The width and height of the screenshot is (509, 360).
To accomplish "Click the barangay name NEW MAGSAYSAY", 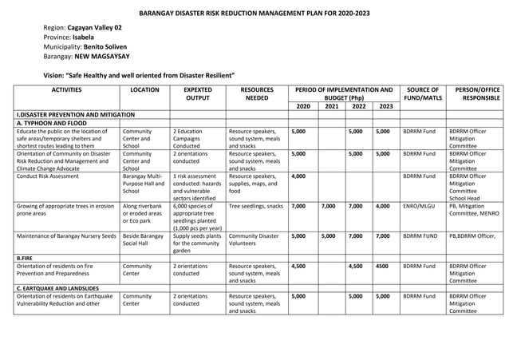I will (x=105, y=57).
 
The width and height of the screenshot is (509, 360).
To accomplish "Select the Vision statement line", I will (x=138, y=74).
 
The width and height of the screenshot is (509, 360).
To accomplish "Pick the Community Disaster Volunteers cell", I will (x=255, y=240).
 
